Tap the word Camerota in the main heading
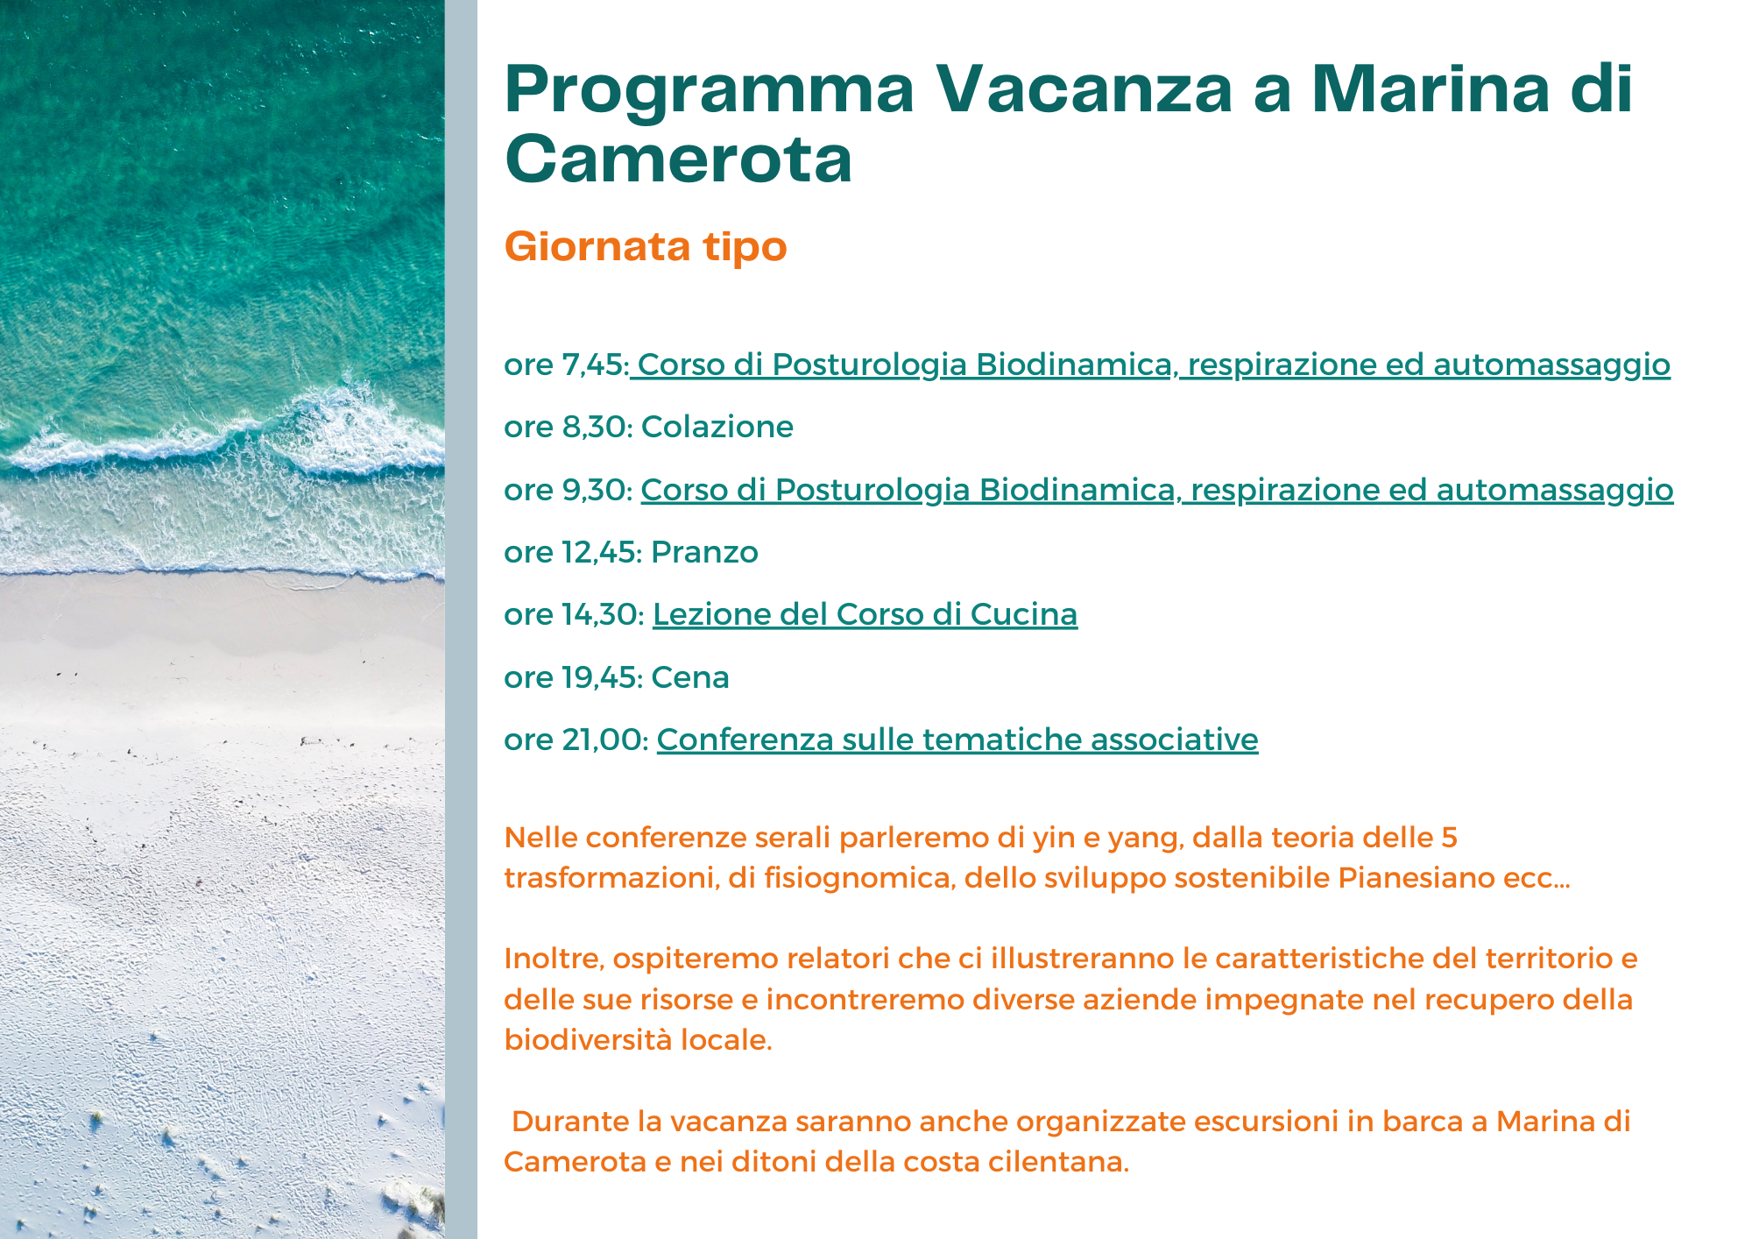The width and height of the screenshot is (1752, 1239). [678, 159]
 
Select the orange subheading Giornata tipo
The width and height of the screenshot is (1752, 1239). [646, 247]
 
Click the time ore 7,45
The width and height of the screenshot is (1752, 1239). [566, 365]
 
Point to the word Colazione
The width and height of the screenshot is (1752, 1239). [717, 427]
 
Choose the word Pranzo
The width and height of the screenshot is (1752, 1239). [704, 552]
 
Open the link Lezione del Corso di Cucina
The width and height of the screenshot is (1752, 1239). [865, 614]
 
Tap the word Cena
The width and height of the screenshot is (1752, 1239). [690, 677]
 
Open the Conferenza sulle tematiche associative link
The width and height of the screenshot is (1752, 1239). [957, 740]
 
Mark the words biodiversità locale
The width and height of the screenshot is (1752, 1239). [639, 1040]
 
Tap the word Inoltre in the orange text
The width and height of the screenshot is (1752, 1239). [554, 959]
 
